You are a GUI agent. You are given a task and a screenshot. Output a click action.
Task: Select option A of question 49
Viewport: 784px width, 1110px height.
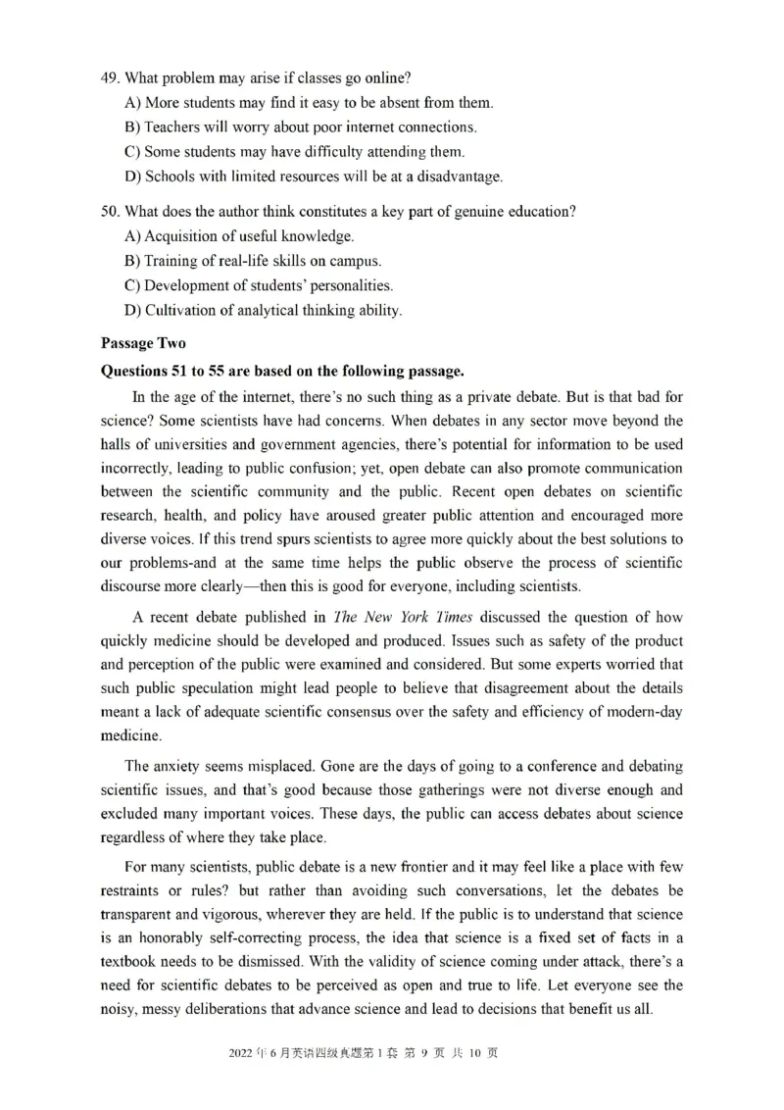coord(132,103)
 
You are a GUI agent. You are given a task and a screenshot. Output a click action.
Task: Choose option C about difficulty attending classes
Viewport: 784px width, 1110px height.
coord(132,152)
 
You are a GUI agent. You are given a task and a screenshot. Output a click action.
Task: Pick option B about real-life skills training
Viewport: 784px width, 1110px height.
coord(132,261)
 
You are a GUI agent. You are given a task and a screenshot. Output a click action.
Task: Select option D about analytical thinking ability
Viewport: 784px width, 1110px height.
coord(132,310)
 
